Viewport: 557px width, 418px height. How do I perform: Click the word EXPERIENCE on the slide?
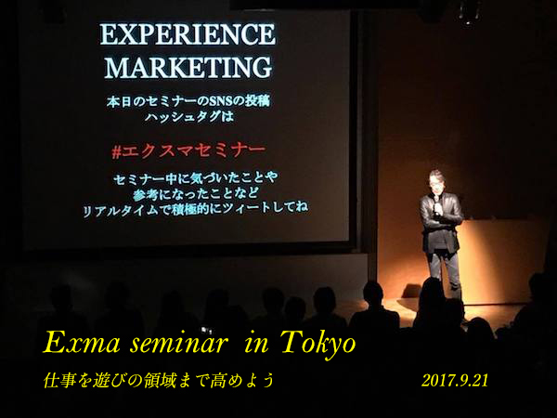pyautogui.click(x=188, y=34)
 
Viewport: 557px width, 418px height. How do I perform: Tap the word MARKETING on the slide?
pyautogui.click(x=188, y=67)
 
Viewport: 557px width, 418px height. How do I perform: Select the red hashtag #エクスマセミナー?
pyautogui.click(x=188, y=150)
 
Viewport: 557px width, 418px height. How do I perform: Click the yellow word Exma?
pyautogui.click(x=82, y=343)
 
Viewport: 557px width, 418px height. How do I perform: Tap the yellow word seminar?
pyautogui.click(x=178, y=344)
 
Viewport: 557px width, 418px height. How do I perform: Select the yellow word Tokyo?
pyautogui.click(x=317, y=344)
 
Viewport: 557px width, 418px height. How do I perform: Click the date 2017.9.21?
pyautogui.click(x=455, y=381)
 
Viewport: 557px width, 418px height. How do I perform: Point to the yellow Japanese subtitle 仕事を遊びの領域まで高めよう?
pyautogui.click(x=159, y=380)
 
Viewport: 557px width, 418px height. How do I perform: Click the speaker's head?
pyautogui.click(x=436, y=181)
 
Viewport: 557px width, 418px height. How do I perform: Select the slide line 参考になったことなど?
pyautogui.click(x=196, y=194)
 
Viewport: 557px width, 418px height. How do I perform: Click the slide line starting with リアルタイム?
pyautogui.click(x=195, y=210)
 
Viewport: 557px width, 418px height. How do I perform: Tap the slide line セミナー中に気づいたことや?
pyautogui.click(x=195, y=178)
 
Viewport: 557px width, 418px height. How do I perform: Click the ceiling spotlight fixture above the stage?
pyautogui.click(x=470, y=12)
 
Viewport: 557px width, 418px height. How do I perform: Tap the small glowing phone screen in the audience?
pyautogui.click(x=205, y=331)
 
